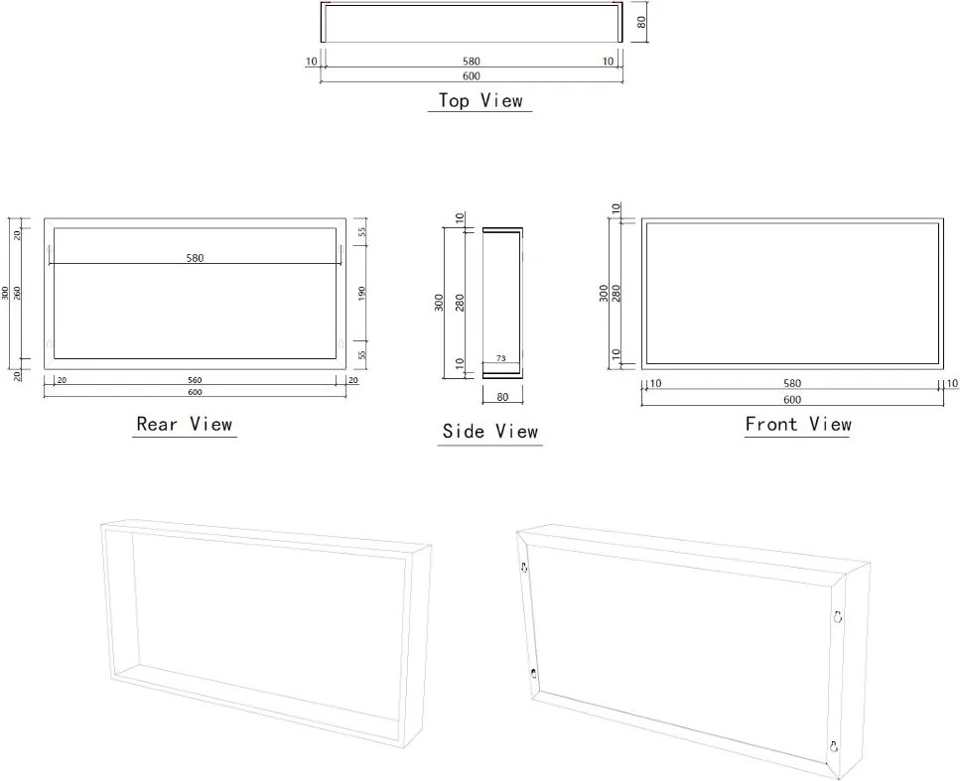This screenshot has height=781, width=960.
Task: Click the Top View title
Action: pos(480,100)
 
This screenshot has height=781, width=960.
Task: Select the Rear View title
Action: pos(185,424)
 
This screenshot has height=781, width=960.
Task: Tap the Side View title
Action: pos(489,431)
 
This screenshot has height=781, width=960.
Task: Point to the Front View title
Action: pos(798,424)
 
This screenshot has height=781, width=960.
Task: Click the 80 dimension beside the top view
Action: pos(641,22)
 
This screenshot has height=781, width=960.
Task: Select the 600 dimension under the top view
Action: pos(472,75)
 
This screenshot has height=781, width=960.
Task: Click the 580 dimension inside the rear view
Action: pos(195,258)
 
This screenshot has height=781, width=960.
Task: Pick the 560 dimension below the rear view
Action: pos(195,381)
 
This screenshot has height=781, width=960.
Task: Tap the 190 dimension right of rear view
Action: pos(361,293)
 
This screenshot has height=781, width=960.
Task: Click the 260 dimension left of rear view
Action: pos(17,293)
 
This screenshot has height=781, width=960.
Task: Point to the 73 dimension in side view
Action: pos(500,358)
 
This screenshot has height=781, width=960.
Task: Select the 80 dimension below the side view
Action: pos(502,397)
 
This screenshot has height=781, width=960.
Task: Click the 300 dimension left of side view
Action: pos(439,303)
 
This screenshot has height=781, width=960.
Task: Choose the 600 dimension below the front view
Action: pos(792,400)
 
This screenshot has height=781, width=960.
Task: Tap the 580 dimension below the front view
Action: pos(792,383)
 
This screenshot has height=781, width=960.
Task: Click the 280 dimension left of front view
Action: pos(617,293)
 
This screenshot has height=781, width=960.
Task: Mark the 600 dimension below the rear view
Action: pos(195,392)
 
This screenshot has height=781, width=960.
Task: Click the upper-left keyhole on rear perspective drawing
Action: pos(524,568)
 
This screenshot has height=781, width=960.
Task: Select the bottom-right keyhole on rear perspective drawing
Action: pos(833,746)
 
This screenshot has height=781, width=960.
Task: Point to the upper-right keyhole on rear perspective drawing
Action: pos(838,616)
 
